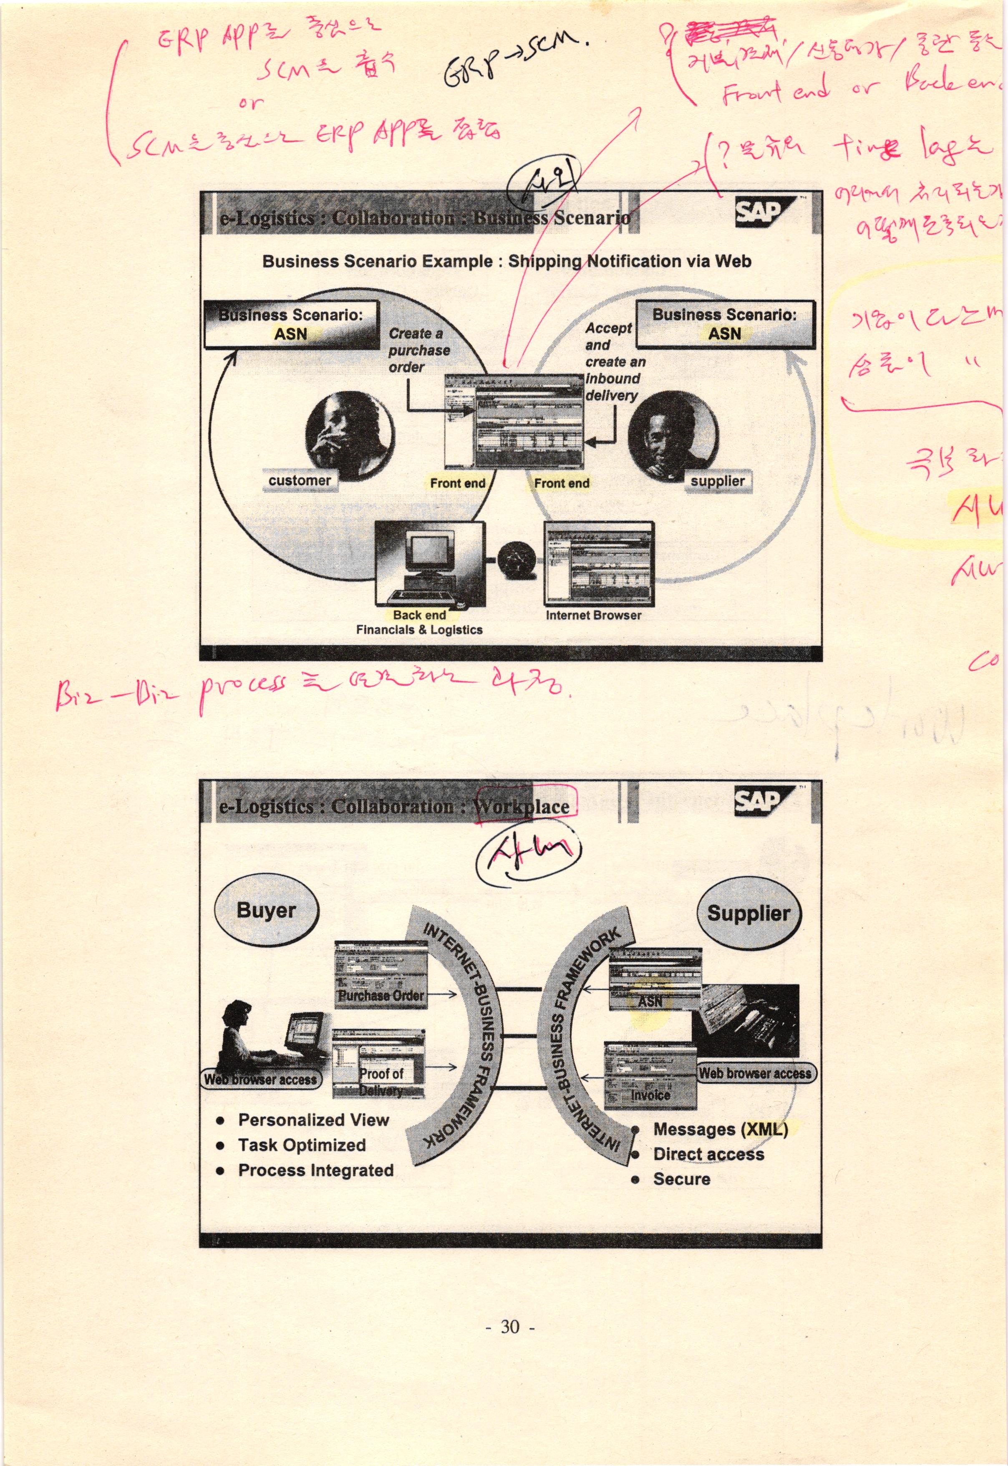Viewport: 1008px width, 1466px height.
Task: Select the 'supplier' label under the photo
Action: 718,481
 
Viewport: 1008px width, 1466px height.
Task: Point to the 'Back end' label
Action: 419,615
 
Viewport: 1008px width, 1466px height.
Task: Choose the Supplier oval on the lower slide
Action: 748,913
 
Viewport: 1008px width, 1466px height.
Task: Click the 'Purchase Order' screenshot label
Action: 381,995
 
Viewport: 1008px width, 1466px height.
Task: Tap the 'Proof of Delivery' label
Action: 381,1081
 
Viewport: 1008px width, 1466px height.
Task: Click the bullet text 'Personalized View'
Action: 313,1120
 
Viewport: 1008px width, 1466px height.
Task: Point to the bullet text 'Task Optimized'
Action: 302,1145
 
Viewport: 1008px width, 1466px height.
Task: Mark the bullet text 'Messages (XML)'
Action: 721,1129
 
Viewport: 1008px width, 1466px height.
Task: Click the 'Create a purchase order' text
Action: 419,350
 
